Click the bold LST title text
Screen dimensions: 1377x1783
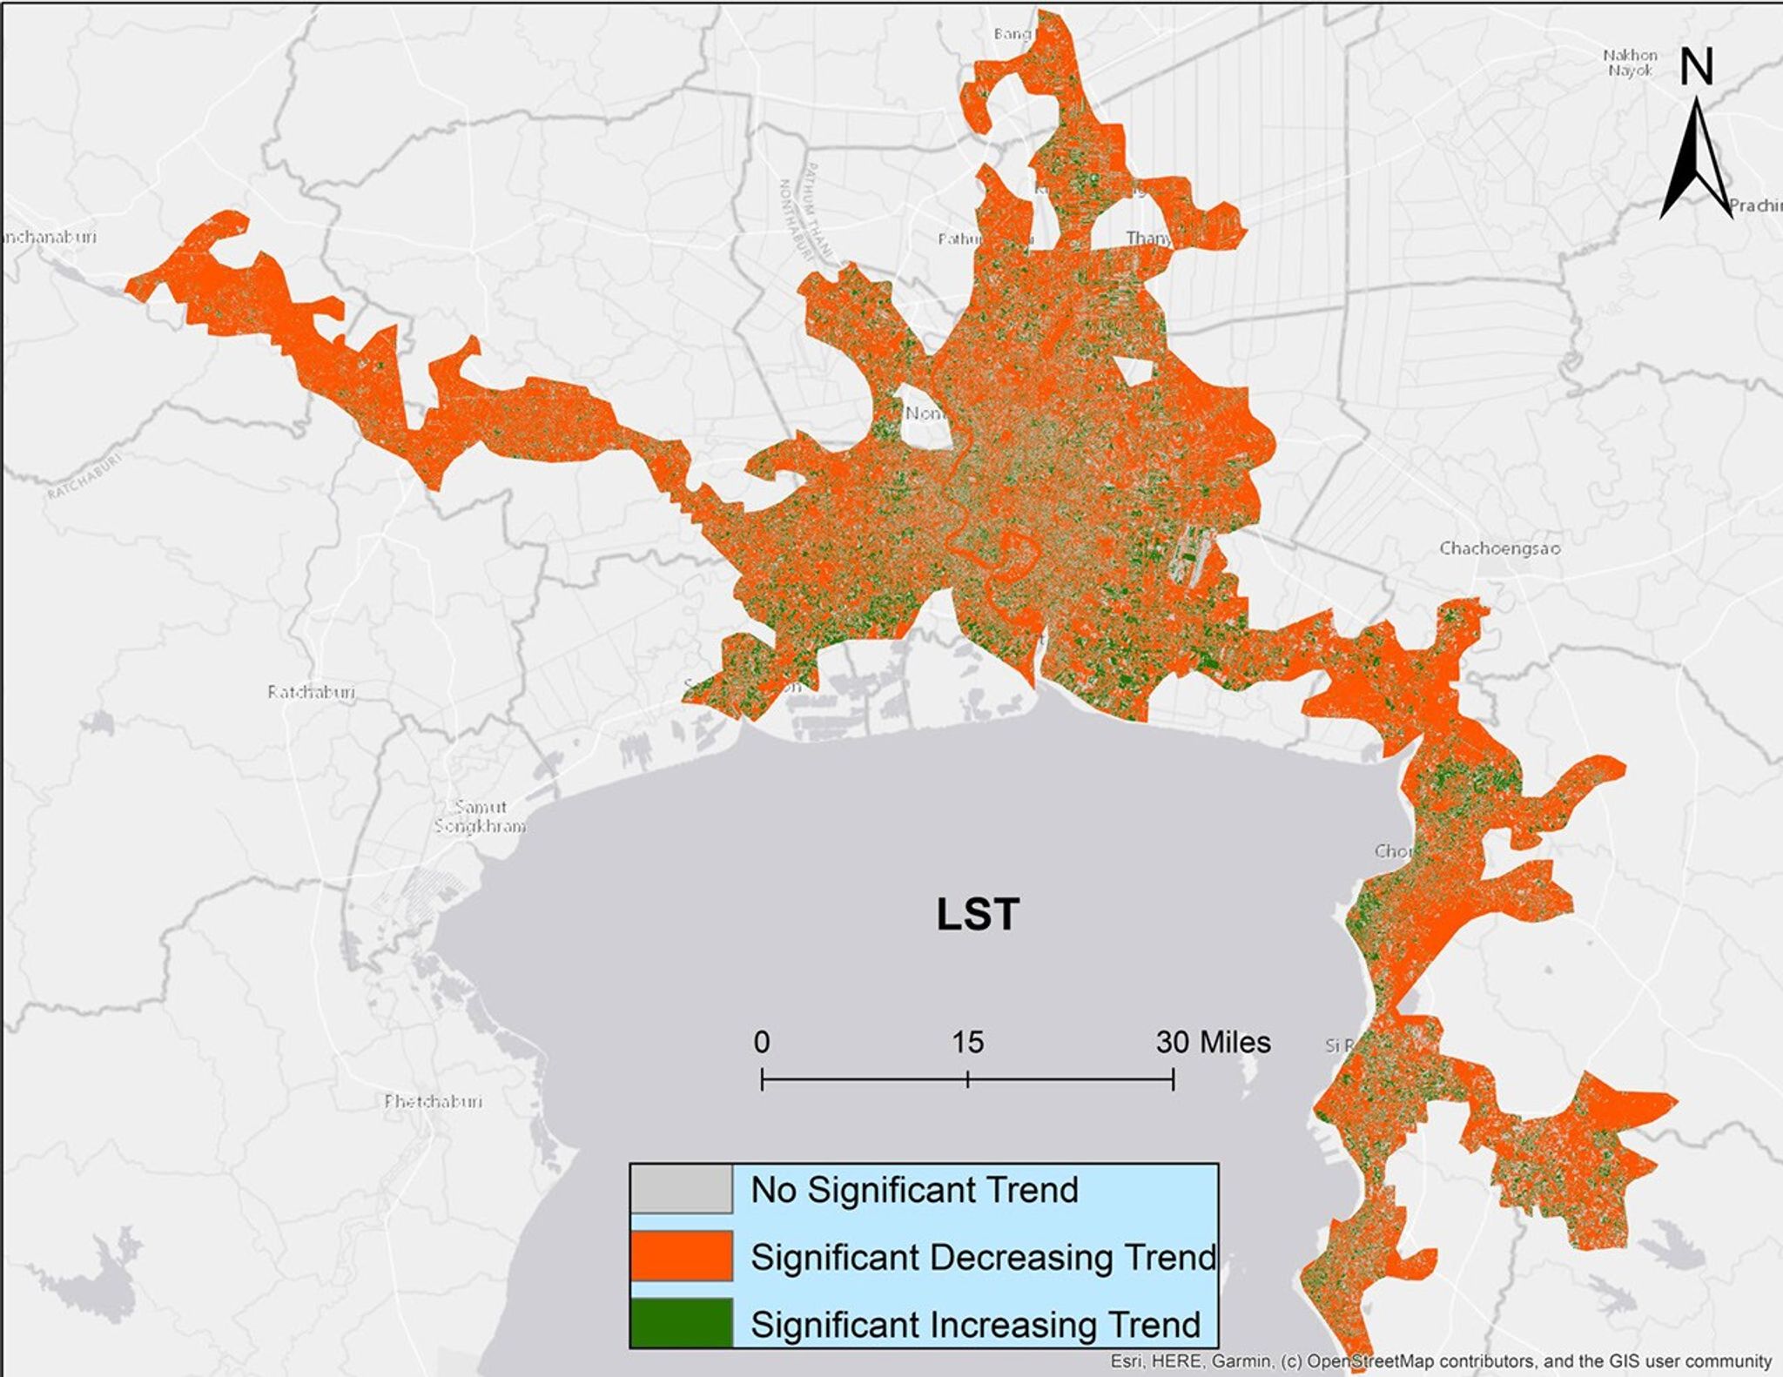tap(977, 915)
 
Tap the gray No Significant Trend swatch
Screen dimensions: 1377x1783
tap(681, 1189)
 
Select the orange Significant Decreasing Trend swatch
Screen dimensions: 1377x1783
tap(681, 1256)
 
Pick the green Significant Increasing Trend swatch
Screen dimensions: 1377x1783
tap(681, 1322)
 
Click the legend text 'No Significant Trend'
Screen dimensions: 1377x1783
tap(914, 1190)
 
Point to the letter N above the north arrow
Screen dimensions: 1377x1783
tap(1696, 67)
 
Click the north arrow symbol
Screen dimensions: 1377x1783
tap(1697, 161)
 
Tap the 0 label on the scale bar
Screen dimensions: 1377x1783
tap(762, 1042)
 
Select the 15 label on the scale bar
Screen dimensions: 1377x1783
tap(967, 1042)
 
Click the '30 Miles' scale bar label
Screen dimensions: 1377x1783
tap(1213, 1042)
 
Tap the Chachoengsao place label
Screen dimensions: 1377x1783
tap(1499, 548)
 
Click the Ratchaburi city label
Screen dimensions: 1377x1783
tap(311, 692)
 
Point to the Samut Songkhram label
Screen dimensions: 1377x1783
tap(481, 816)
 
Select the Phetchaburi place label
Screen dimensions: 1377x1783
tap(433, 1101)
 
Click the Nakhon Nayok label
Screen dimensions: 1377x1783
tap(1630, 63)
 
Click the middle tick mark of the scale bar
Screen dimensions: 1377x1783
tap(967, 1080)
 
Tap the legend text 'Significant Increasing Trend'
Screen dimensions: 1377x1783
tap(975, 1325)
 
